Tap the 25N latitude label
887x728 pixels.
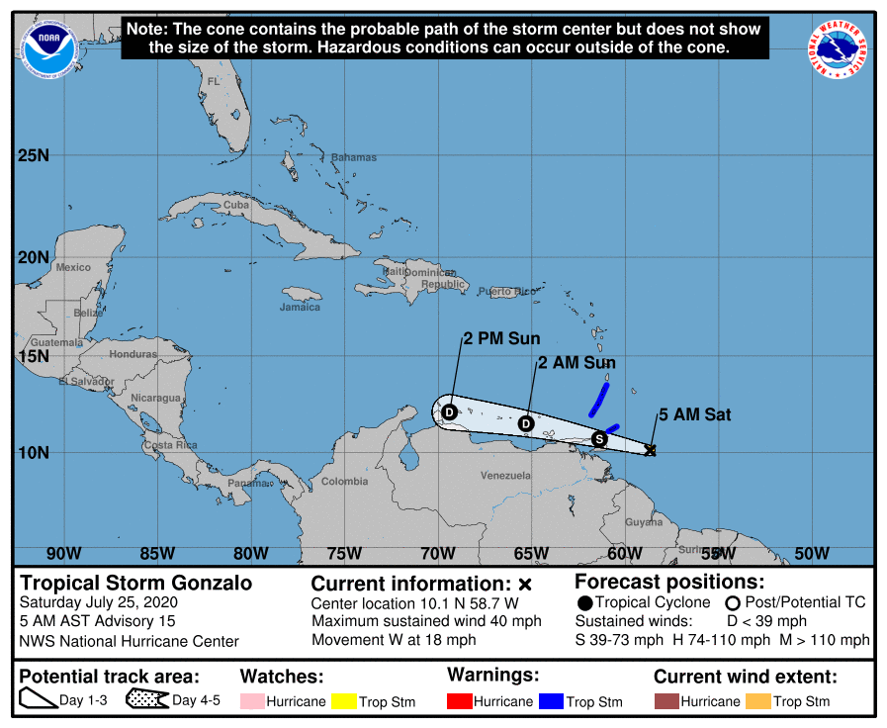pos(33,155)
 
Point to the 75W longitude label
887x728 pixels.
pos(343,552)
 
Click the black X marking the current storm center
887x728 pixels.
pos(650,450)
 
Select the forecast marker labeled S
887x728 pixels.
pos(598,438)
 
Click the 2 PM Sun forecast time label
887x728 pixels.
pos(502,339)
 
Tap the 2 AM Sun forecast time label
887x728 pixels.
pos(577,363)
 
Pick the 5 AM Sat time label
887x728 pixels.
pos(695,414)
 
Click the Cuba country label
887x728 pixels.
pos(236,205)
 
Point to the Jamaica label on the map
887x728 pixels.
pos(300,307)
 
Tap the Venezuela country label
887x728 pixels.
pos(505,476)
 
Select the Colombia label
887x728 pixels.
pos(344,482)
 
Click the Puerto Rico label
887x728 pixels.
pos(506,292)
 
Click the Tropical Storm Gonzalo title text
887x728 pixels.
pos(136,583)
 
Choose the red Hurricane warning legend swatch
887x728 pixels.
pos(460,700)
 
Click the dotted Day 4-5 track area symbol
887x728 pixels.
pos(146,700)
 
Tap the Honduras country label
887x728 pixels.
pos(133,354)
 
